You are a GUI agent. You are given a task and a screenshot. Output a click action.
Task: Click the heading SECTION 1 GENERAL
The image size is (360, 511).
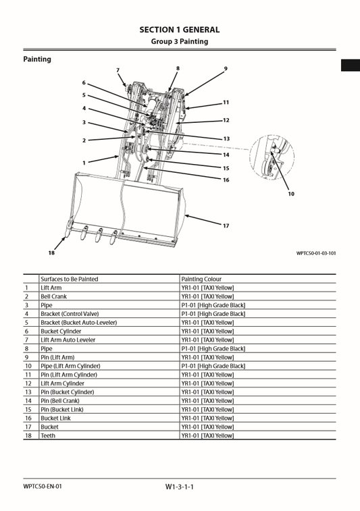[179, 30]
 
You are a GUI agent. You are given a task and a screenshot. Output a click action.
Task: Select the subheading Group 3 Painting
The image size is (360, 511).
[179, 42]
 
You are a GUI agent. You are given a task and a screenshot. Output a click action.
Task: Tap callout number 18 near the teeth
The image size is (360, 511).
[51, 252]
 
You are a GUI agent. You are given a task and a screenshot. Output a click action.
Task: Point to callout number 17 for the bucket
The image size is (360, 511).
[226, 225]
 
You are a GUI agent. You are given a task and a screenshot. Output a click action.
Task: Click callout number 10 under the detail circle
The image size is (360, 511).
[291, 194]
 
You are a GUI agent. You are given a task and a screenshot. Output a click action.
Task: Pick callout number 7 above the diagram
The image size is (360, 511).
[118, 70]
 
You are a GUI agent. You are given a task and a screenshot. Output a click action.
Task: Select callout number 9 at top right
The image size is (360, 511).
[226, 68]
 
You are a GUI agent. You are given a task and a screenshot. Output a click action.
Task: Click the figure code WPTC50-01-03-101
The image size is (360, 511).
[315, 254]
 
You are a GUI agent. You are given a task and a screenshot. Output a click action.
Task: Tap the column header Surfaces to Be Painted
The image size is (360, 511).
[69, 279]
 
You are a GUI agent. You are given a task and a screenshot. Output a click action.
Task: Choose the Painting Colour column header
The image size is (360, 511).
[201, 279]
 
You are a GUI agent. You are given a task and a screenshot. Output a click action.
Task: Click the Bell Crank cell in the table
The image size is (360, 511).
[54, 296]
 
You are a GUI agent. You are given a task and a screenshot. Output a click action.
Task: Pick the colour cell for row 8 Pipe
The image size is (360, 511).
[213, 349]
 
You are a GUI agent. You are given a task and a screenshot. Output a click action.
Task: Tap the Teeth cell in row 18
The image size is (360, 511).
[49, 436]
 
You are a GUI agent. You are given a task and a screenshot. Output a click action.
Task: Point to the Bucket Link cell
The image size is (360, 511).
[56, 419]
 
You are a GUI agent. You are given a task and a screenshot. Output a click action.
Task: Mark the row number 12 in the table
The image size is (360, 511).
[28, 383]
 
